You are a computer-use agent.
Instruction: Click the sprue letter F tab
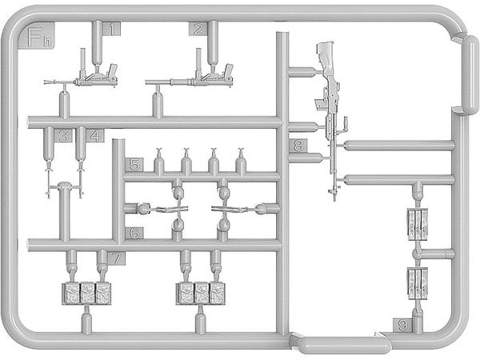37,36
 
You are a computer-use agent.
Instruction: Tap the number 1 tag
112,29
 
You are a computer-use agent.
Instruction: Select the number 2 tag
198,29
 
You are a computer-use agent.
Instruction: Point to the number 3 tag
64,136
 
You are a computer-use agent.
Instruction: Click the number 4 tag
95,136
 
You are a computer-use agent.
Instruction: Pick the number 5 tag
134,165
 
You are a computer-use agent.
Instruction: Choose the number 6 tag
134,234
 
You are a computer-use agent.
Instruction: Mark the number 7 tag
117,258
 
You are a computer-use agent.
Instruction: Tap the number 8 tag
298,146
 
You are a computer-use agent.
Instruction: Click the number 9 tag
402,325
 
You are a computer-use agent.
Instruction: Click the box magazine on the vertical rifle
320,105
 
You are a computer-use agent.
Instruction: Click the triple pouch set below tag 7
86,294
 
